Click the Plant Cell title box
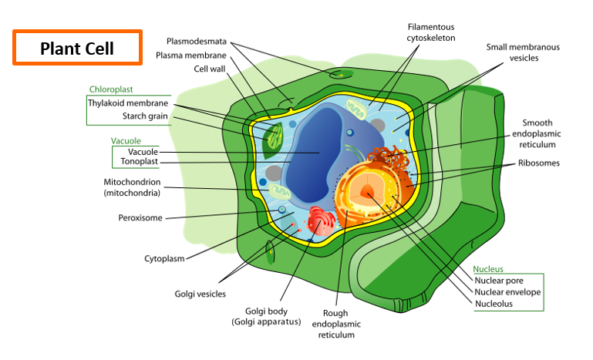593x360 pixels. pyautogui.click(x=78, y=48)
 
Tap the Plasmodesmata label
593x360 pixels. pyautogui.click(x=197, y=41)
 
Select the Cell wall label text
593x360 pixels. pyautogui.click(x=209, y=69)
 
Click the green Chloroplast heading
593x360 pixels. pyautogui.click(x=111, y=89)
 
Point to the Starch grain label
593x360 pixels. pyautogui.click(x=145, y=116)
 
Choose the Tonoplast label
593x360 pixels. pyautogui.click(x=139, y=161)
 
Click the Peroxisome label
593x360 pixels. pyautogui.click(x=140, y=218)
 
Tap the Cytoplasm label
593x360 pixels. pyautogui.click(x=164, y=259)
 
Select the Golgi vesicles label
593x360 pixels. pyautogui.click(x=200, y=294)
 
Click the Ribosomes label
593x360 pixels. pyautogui.click(x=538, y=163)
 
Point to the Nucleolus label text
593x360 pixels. pyautogui.click(x=494, y=304)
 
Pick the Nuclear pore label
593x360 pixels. pyautogui.click(x=499, y=281)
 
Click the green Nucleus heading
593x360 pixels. pyautogui.click(x=488, y=269)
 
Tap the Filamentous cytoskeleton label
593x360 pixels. pyautogui.click(x=431, y=32)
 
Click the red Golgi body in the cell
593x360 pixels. pyautogui.click(x=321, y=220)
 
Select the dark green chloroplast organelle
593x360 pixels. pyautogui.click(x=273, y=140)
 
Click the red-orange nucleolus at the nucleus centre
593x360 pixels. pyautogui.click(x=367, y=192)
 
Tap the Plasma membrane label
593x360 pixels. pyautogui.click(x=191, y=56)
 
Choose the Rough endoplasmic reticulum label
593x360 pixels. pyautogui.click(x=336, y=324)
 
